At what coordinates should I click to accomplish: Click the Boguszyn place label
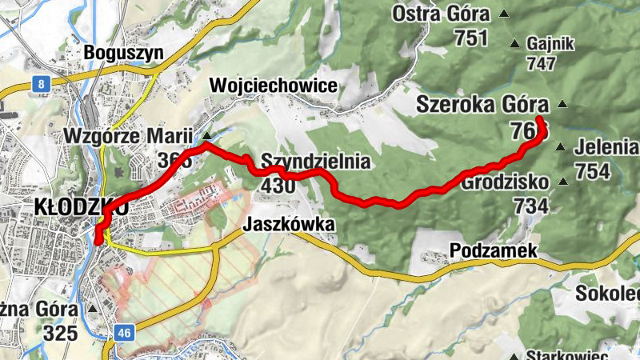point(124,54)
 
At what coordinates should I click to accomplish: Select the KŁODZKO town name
point(80,206)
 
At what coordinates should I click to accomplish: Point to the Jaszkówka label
point(290,225)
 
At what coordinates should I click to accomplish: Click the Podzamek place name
point(493,252)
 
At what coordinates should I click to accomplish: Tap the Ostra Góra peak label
point(441,14)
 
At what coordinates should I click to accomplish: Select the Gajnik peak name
point(551,44)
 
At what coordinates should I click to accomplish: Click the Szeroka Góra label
point(482,105)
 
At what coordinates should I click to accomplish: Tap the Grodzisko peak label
point(506,182)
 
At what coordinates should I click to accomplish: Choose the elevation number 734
point(531,206)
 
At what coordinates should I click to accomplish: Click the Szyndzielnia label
point(315,162)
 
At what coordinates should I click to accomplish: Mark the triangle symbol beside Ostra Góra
point(504,14)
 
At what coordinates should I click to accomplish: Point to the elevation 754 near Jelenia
point(592,170)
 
